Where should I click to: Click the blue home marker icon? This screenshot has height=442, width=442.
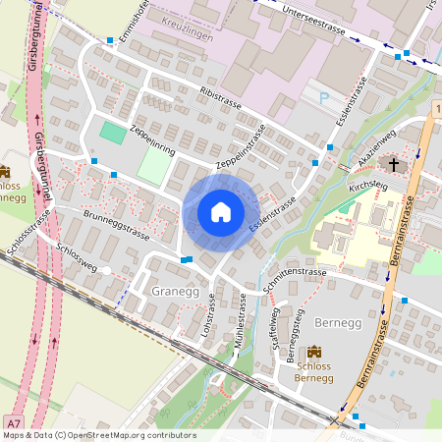click(221, 211)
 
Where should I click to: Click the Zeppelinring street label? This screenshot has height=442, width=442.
click(151, 147)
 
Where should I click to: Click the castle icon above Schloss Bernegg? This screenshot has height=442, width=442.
click(314, 352)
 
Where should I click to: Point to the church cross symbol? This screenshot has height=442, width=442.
click(395, 164)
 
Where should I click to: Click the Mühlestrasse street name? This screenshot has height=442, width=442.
click(235, 321)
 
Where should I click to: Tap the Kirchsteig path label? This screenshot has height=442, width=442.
click(368, 184)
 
